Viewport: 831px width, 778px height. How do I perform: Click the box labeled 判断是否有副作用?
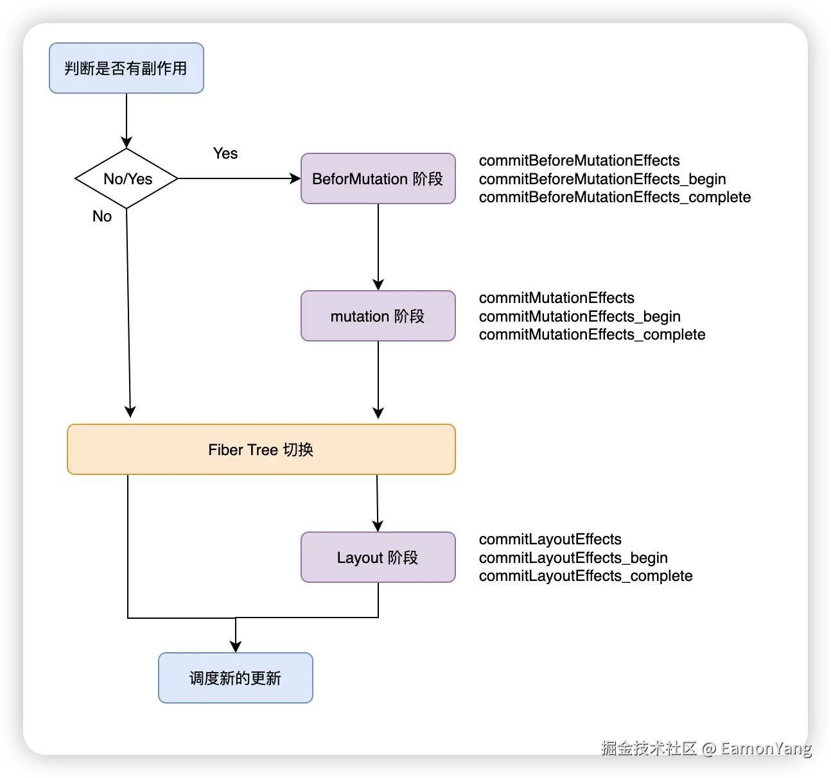coord(127,68)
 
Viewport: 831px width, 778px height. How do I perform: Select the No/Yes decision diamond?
coord(127,178)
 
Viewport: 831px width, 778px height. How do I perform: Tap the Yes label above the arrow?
coord(225,153)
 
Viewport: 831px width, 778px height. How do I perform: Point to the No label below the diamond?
coord(102,216)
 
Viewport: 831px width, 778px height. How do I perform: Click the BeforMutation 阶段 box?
coord(378,178)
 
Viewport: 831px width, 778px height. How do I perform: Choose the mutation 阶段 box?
coord(378,316)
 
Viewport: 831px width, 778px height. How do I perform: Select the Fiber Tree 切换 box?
coord(261,449)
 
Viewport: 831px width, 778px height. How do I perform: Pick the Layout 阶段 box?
coord(378,557)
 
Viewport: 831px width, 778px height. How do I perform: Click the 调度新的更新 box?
coord(235,678)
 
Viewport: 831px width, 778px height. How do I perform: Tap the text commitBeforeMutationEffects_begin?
coord(602,179)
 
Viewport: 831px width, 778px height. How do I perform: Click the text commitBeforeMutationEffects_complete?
coord(615,197)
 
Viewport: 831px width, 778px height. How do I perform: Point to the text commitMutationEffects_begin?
coord(579,316)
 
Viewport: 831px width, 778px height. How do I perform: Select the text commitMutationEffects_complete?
coord(592,334)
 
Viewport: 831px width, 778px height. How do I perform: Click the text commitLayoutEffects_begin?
coord(573,558)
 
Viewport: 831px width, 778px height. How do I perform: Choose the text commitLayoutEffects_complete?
coord(586,576)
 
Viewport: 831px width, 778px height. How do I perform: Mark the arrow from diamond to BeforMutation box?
coord(239,178)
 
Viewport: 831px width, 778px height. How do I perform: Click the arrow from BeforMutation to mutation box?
coord(378,247)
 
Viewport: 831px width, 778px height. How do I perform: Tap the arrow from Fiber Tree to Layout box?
coord(378,503)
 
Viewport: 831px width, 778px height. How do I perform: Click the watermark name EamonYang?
coord(765,748)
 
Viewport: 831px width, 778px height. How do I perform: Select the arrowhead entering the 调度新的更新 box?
coord(236,646)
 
